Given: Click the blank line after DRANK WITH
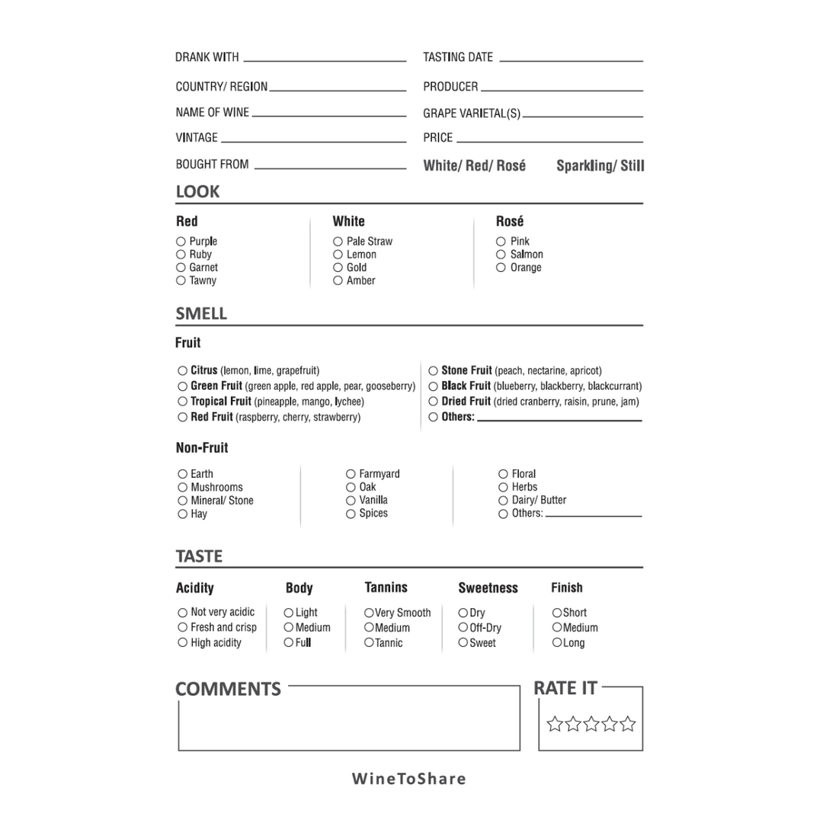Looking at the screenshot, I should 325,59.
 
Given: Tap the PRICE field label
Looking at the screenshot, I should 438,138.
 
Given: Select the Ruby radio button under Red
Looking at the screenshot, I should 181,255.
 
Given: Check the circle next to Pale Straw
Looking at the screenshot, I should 338,242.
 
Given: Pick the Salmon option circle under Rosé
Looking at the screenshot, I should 501,255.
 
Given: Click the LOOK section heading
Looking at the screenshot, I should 197,192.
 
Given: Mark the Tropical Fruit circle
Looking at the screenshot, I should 183,402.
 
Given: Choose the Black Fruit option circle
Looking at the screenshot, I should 434,386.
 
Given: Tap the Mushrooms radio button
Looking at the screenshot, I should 183,488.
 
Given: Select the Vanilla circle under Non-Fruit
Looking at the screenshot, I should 351,501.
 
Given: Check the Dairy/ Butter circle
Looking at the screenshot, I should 503,501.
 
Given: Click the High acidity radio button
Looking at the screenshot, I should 183,643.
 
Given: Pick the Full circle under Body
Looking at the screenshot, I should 289,643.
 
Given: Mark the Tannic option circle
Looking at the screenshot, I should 369,643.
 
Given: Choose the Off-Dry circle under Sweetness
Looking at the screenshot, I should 463,628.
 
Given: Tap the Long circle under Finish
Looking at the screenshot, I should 557,643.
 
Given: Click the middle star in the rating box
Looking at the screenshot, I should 591,724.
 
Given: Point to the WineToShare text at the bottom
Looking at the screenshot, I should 408,779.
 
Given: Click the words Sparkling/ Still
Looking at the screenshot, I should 600,166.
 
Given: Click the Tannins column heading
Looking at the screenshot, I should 386,588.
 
